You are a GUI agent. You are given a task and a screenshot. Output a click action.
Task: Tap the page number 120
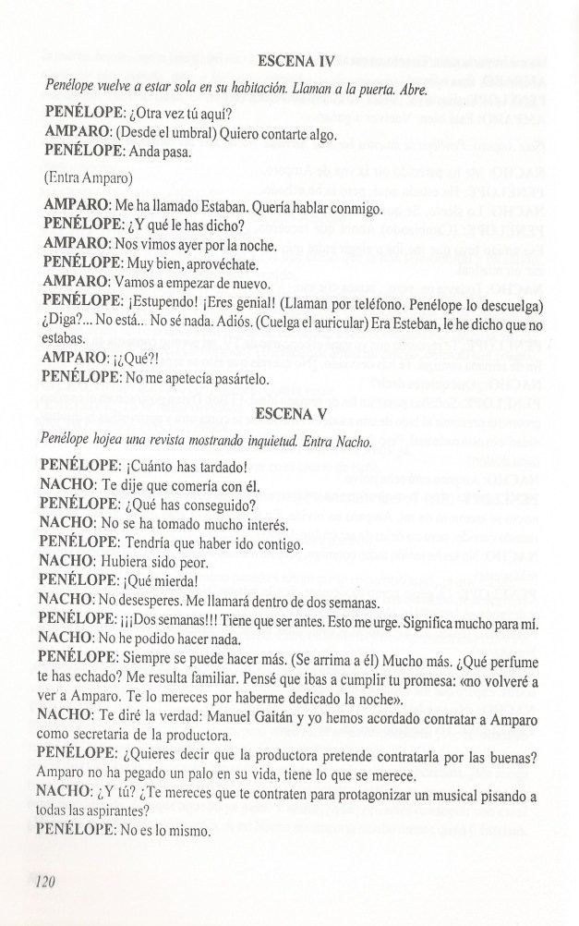pyautogui.click(x=42, y=882)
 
